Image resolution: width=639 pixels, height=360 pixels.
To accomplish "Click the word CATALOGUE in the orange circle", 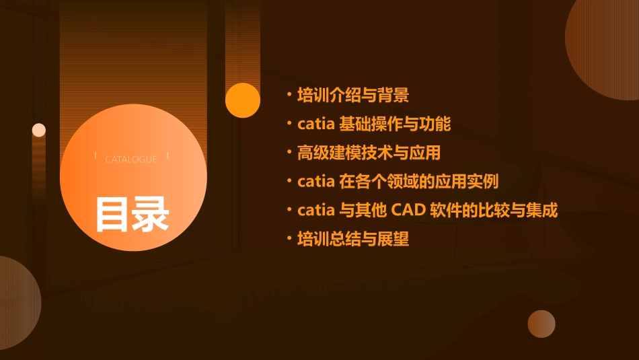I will (x=131, y=159).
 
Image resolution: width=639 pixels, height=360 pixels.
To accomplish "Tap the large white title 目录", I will (x=132, y=213).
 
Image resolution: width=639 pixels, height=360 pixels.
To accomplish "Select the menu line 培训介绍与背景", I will (x=353, y=95).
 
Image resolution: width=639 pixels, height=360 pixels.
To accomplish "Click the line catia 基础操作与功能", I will (x=374, y=124).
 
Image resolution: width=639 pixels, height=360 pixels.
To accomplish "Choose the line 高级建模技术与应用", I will (x=369, y=153).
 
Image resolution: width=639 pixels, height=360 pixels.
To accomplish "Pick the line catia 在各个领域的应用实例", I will (x=398, y=181).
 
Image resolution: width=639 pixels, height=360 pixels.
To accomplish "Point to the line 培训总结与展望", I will (x=353, y=239).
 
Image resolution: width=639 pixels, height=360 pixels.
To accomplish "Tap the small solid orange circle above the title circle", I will (x=243, y=100).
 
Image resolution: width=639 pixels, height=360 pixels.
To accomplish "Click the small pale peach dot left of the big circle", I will (x=39, y=130).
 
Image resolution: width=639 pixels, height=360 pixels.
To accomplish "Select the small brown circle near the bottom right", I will (x=541, y=324).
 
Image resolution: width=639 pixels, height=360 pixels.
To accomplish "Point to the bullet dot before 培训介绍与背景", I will (x=289, y=96).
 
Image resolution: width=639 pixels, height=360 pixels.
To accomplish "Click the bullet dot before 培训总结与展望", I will (x=289, y=240).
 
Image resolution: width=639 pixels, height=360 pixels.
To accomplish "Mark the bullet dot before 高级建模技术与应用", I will (x=289, y=153).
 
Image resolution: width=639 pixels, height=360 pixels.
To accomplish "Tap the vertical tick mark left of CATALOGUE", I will (x=97, y=156).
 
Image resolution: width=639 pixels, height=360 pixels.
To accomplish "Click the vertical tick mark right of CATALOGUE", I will (x=167, y=156).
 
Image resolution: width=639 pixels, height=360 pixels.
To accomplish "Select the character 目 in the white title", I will (x=112, y=213).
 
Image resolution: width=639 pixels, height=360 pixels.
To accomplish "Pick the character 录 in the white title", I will (x=151, y=213).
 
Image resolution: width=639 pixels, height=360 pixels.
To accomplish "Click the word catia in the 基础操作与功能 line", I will (x=316, y=124).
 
